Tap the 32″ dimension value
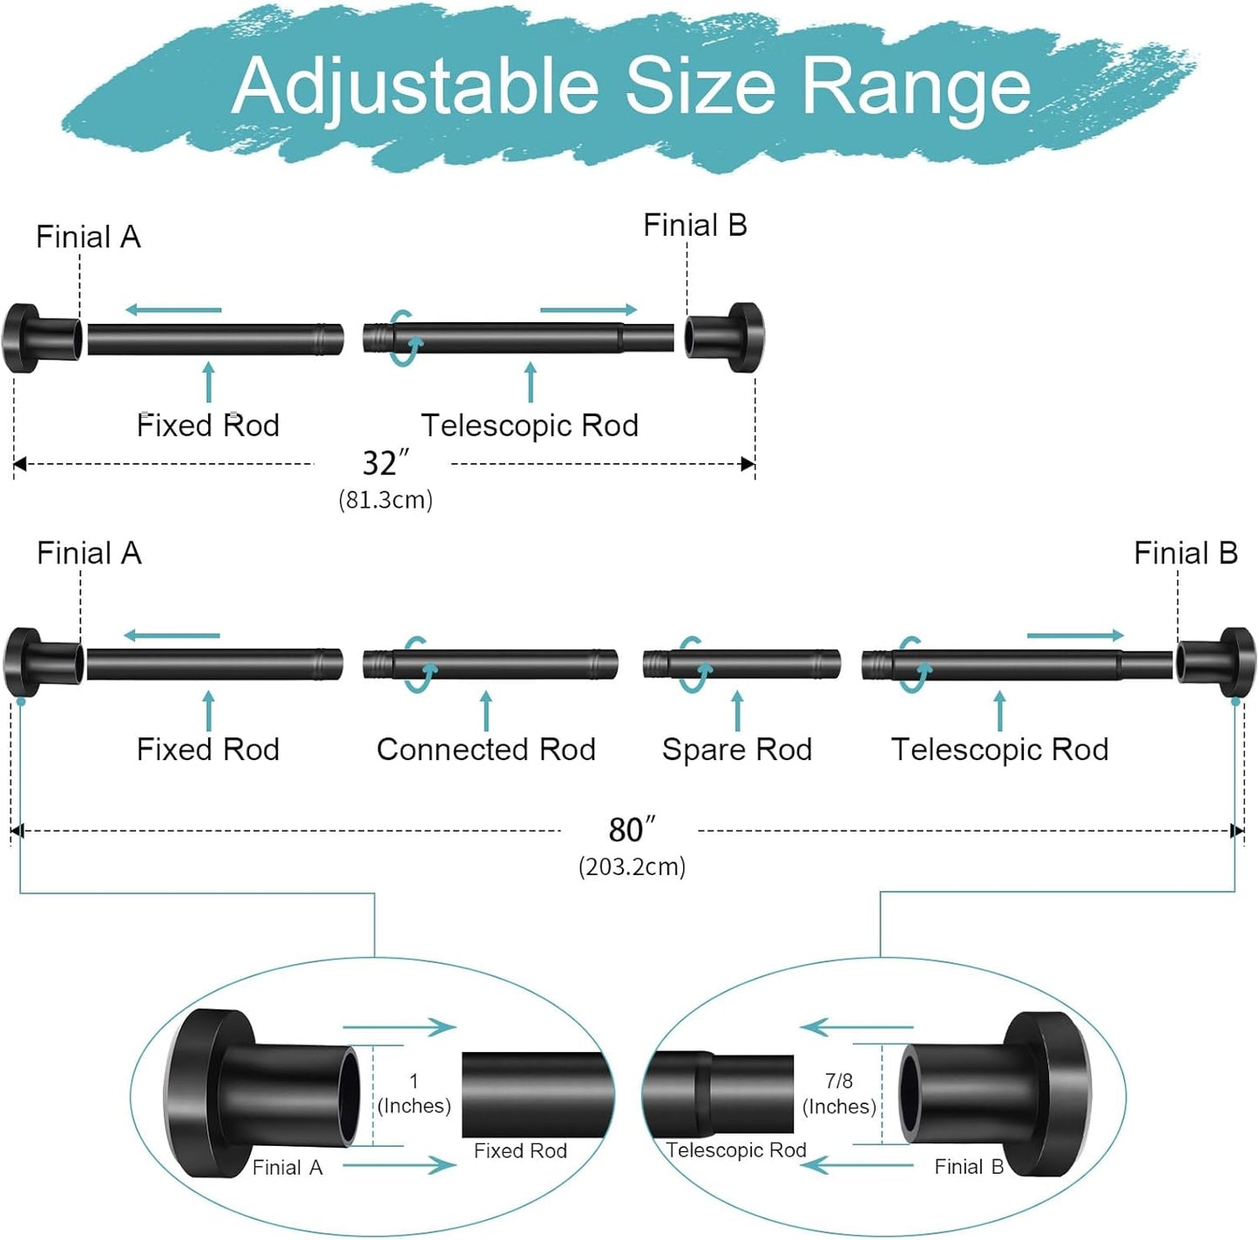[x=384, y=463]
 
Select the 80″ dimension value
[x=631, y=831]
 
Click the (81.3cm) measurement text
[x=385, y=500]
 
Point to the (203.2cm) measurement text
[x=632, y=867]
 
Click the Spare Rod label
[x=736, y=750]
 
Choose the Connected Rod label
[x=485, y=750]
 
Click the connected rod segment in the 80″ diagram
[x=505, y=664]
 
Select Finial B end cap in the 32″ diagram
[x=725, y=338]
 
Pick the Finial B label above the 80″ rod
[x=1185, y=553]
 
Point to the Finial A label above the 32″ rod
[x=88, y=237]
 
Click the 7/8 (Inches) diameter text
[x=839, y=1094]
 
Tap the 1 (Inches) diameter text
[x=414, y=1094]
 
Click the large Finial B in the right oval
[x=998, y=1094]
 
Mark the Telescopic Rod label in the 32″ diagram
[x=530, y=426]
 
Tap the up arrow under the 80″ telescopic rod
[x=999, y=711]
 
